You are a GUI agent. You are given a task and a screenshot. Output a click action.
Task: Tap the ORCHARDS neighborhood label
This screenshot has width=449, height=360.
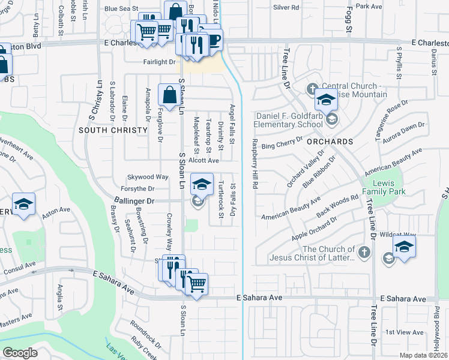click(x=330, y=142)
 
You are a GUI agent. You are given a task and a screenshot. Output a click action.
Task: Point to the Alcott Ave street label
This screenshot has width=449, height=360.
click(x=203, y=161)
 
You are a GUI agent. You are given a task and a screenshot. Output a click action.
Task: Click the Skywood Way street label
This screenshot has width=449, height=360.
click(x=148, y=177)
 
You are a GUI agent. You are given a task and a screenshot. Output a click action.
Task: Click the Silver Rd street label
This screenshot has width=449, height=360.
click(x=286, y=7)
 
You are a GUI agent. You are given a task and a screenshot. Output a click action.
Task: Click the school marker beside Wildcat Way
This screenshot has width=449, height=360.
click(x=404, y=246)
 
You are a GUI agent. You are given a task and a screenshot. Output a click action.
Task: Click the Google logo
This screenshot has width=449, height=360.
click(x=20, y=353)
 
